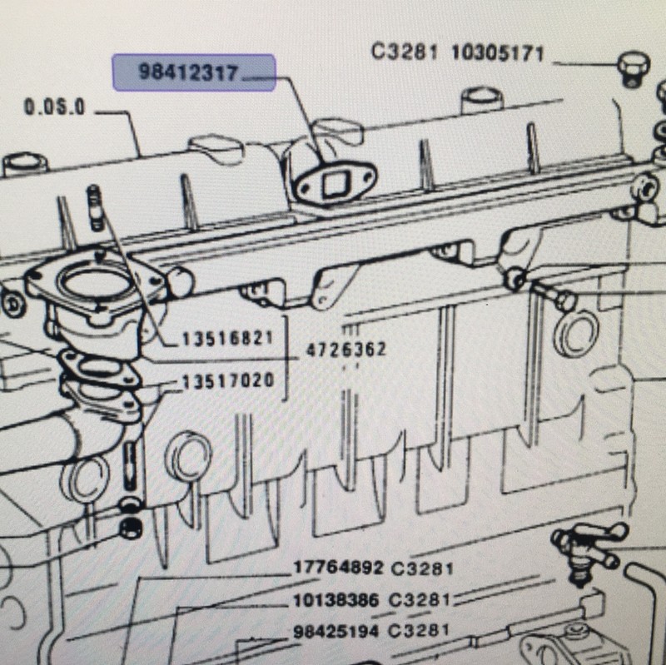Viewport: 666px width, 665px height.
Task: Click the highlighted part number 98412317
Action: [x=188, y=72]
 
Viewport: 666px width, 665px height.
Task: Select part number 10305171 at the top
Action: [x=497, y=53]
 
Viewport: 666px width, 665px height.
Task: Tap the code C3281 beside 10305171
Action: [x=404, y=52]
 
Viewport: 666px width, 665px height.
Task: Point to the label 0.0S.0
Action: [x=55, y=107]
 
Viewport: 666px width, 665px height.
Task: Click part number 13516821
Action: [x=227, y=339]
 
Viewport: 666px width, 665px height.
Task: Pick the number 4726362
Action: [x=345, y=350]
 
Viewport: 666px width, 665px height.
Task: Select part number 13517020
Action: [x=228, y=380]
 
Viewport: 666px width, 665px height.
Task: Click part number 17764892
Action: [x=339, y=568]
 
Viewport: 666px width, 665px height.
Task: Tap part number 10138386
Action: [x=336, y=600]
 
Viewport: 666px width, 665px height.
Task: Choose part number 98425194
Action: [x=335, y=631]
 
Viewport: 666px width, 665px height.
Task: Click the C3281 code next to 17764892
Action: [x=422, y=568]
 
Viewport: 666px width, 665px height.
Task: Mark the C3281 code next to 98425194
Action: [x=419, y=630]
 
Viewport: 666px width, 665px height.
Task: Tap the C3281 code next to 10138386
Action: [x=420, y=599]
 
